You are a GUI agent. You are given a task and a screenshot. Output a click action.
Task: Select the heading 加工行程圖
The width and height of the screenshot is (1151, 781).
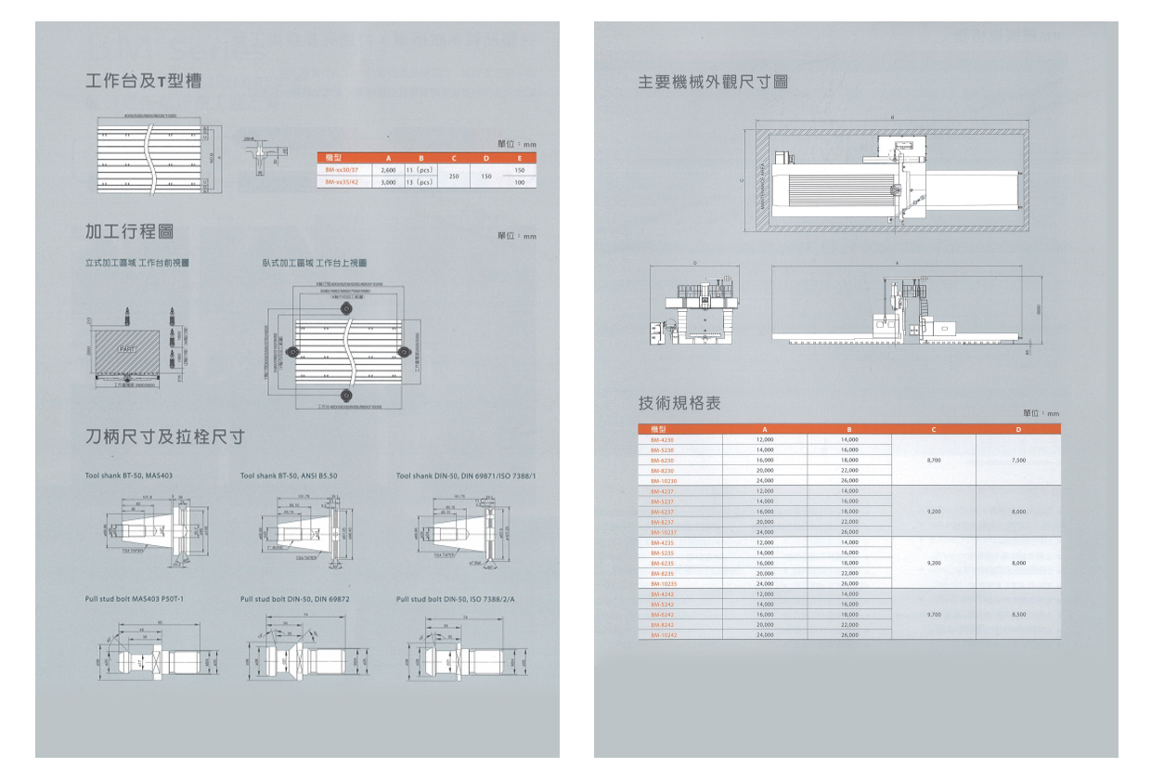pyautogui.click(x=129, y=230)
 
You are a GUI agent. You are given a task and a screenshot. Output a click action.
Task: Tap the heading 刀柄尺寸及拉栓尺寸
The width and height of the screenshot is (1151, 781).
pyautogui.click(x=164, y=436)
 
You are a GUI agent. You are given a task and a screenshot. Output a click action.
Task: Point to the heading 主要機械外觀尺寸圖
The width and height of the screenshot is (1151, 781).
pyautogui.click(x=713, y=82)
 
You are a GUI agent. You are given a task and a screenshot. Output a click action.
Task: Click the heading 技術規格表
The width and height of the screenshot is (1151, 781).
pyautogui.click(x=679, y=403)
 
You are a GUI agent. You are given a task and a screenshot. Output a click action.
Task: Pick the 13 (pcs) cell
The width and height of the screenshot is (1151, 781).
pyautogui.click(x=420, y=183)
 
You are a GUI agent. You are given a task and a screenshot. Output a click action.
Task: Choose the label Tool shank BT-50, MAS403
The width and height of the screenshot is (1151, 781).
pyautogui.click(x=128, y=475)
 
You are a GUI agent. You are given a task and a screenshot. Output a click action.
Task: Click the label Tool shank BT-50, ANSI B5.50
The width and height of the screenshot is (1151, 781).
pyautogui.click(x=288, y=475)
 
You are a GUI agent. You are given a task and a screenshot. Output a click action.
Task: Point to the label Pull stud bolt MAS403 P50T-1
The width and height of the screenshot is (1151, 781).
pyautogui.click(x=135, y=599)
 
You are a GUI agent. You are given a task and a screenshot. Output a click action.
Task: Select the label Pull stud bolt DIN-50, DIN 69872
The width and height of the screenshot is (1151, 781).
pyautogui.click(x=294, y=599)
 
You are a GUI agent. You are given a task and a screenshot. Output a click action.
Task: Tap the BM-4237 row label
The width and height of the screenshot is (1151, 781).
pyautogui.click(x=663, y=490)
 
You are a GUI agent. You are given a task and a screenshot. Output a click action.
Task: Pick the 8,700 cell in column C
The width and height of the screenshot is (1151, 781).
pyautogui.click(x=935, y=460)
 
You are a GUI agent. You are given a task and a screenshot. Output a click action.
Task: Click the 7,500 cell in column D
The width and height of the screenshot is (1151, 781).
pyautogui.click(x=1018, y=460)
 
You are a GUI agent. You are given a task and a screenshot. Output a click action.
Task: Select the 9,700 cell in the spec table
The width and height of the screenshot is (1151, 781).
pyautogui.click(x=935, y=615)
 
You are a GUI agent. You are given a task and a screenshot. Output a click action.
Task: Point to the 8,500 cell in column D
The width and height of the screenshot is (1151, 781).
pyautogui.click(x=1018, y=615)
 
